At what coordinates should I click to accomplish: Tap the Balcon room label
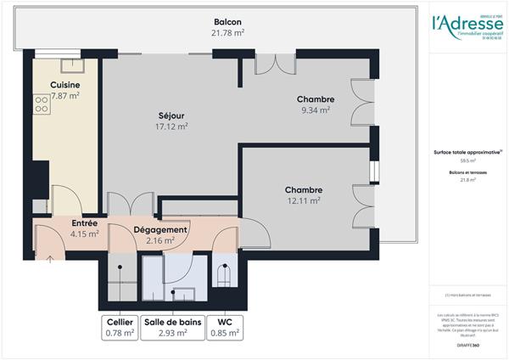pyautogui.click(x=227, y=21)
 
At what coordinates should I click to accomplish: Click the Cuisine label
pyautogui.click(x=64, y=85)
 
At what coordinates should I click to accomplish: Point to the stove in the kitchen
pyautogui.click(x=42, y=104)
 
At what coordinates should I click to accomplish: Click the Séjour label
pyautogui.click(x=171, y=115)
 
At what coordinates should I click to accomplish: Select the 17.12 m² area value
pyautogui.click(x=171, y=127)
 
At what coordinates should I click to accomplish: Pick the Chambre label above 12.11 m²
pyautogui.click(x=303, y=190)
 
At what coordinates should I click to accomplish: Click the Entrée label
pyautogui.click(x=85, y=223)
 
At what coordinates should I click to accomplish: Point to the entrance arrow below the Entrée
pyautogui.click(x=49, y=257)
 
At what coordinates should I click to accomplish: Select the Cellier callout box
pyautogui.click(x=120, y=328)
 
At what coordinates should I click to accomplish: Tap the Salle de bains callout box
pyautogui.click(x=171, y=328)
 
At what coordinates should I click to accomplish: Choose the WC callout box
pyautogui.click(x=225, y=328)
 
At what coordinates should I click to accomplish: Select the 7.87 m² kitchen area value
pyautogui.click(x=64, y=96)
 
